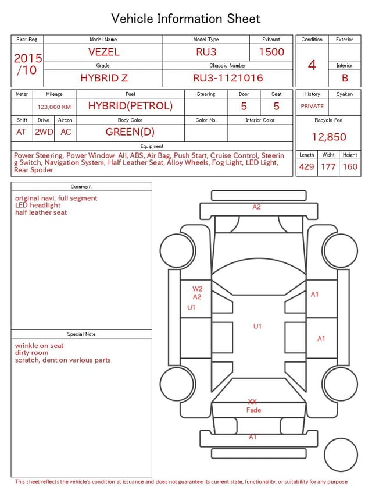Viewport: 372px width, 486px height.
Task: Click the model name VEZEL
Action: pyautogui.click(x=103, y=52)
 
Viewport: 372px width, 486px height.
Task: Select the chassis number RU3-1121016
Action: pyautogui.click(x=228, y=78)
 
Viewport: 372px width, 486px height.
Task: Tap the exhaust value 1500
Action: pyautogui.click(x=271, y=52)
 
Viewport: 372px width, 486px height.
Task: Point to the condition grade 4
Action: pyautogui.click(x=312, y=65)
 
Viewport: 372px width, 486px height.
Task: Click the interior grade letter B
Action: pyautogui.click(x=345, y=78)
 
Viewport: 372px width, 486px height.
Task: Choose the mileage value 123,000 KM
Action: pyautogui.click(x=54, y=107)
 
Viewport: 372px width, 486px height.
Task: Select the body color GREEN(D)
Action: pyautogui.click(x=130, y=132)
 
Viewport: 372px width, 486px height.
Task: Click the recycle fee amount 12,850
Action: pyautogui.click(x=328, y=137)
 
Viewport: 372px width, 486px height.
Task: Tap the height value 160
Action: pyautogui.click(x=350, y=166)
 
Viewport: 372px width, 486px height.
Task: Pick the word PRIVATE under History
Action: pyautogui.click(x=312, y=107)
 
